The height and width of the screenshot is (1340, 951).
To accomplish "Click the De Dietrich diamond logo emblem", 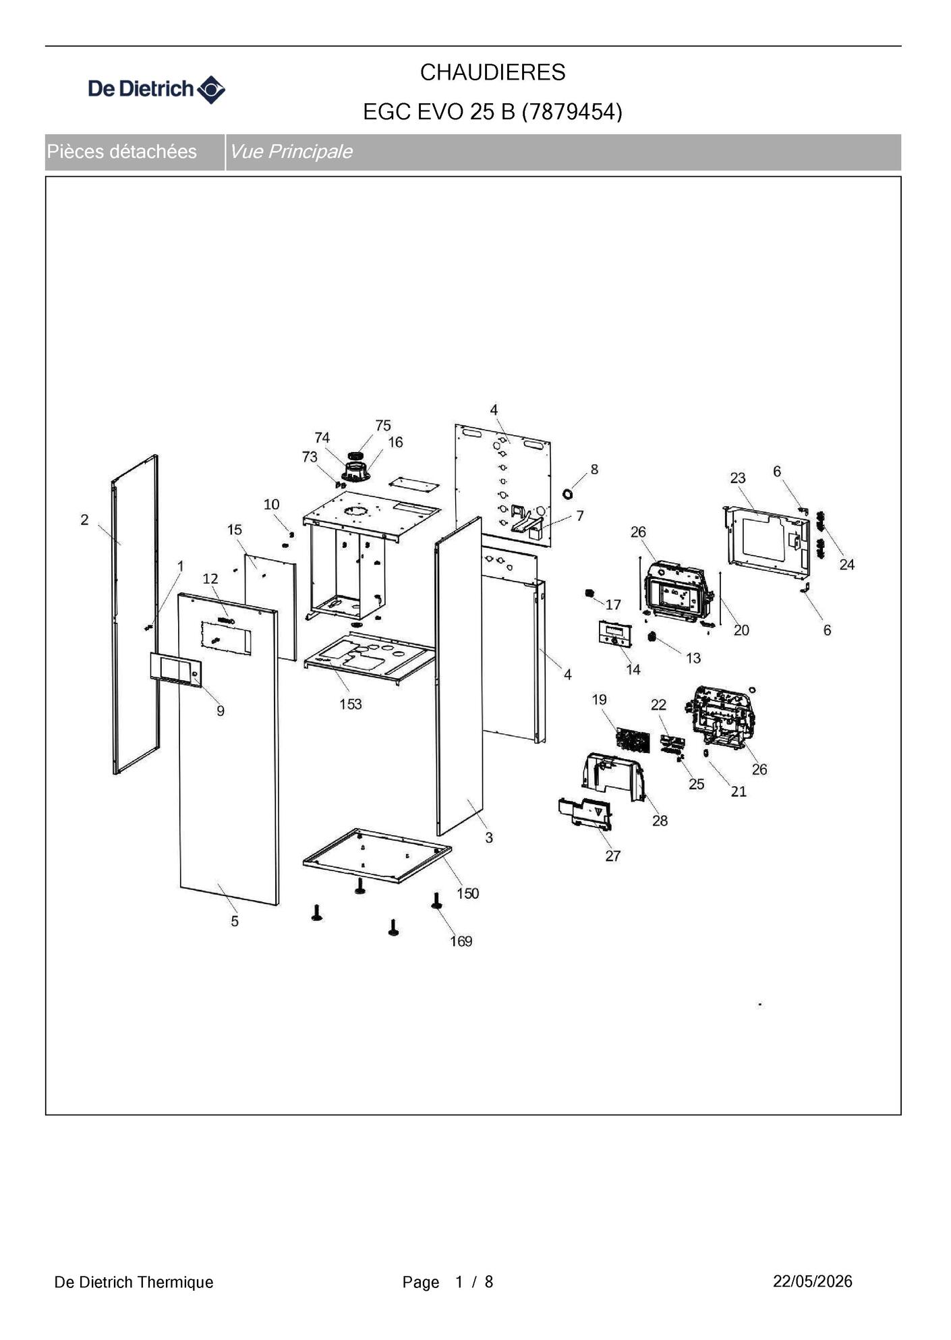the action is point(210,89).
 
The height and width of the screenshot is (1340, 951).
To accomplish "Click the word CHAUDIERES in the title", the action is point(492,72).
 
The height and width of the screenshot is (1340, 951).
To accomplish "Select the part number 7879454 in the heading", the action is point(572,111).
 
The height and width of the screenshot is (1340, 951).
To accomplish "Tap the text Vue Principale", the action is point(291,151).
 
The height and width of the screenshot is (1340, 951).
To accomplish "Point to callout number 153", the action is point(350,704).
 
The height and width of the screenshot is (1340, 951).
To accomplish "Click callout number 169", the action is point(461,941).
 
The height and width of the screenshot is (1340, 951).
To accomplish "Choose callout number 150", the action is point(467,893).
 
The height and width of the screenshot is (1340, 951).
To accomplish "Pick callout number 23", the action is point(738,478).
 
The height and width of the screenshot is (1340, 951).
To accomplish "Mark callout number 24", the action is point(847,564).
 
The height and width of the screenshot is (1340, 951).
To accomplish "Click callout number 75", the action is point(383,426).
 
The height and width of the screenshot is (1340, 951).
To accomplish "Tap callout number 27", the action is point(612,856).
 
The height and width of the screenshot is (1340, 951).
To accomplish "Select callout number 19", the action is point(600,700).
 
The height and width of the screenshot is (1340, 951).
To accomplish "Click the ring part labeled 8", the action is point(567,494).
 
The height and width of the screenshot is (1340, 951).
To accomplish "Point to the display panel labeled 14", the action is point(615,634).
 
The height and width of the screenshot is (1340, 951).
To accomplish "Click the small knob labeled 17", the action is point(589,593).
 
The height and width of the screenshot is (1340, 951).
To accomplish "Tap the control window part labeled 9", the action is point(176,669).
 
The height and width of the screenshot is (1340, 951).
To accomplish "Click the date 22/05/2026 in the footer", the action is point(813,1281).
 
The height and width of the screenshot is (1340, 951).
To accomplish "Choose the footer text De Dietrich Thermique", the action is point(134,1282).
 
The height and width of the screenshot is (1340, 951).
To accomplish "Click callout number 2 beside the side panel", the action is point(84,520).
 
